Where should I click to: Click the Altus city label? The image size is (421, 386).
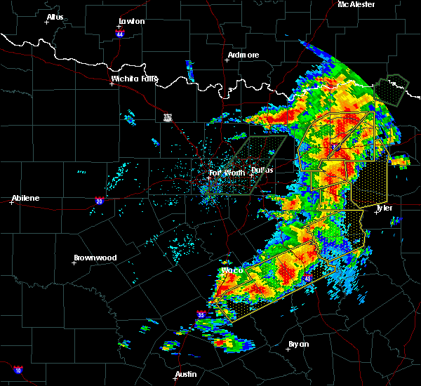[x=55, y=16]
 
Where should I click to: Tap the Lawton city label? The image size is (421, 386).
[x=131, y=21]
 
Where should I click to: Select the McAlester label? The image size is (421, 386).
[x=356, y=4]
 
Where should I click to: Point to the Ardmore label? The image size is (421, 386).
[x=243, y=55]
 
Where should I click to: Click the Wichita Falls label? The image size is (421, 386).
[x=134, y=79]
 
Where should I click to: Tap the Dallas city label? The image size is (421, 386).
[x=262, y=170]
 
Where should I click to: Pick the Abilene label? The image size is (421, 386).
[x=25, y=198]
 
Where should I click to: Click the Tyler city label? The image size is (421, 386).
[x=384, y=208]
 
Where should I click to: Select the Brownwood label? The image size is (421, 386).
[x=95, y=258]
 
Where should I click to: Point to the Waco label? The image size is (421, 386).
[x=232, y=270]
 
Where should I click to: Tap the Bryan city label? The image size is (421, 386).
[x=299, y=344]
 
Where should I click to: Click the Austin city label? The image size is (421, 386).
[x=186, y=374]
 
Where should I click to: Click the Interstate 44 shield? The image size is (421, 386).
[x=120, y=33]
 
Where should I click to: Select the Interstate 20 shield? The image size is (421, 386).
[x=100, y=201]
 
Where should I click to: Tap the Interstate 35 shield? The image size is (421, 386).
[x=202, y=314]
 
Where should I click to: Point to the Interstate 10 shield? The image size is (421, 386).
[x=17, y=370]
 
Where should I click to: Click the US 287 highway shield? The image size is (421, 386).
[x=168, y=117]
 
